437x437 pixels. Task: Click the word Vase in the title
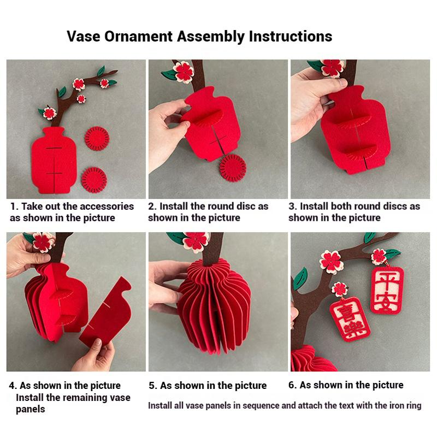[84, 36]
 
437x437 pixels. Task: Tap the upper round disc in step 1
[97, 138]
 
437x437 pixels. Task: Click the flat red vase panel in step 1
[54, 160]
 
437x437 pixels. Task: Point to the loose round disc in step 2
[233, 168]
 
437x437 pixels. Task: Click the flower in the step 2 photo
[183, 72]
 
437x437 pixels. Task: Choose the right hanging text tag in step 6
[387, 290]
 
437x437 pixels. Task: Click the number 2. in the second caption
[152, 206]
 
